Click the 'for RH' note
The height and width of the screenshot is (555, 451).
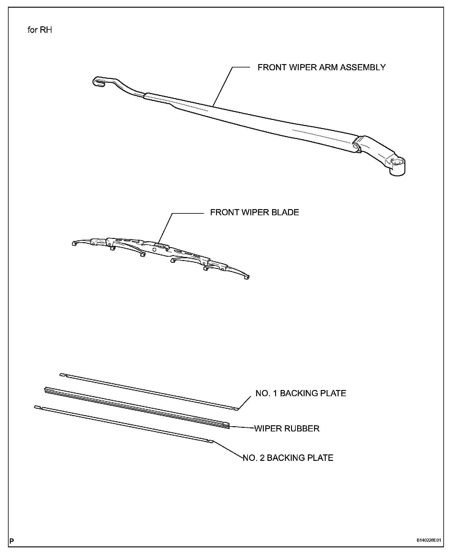click(40, 30)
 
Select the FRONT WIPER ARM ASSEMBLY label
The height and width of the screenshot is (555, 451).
click(321, 67)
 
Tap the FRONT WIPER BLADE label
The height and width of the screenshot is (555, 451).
click(254, 212)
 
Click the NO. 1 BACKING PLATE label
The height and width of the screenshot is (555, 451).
click(301, 393)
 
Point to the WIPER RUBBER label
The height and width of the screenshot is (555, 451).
click(287, 428)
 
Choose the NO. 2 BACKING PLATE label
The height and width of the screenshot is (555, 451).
click(288, 458)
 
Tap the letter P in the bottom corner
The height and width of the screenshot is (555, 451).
click(12, 541)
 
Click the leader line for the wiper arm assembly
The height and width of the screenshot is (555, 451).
click(223, 86)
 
